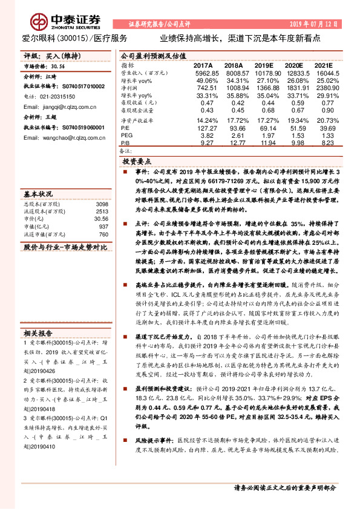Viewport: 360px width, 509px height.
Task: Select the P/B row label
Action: (x=125, y=143)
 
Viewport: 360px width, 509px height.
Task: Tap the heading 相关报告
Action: (x=39, y=332)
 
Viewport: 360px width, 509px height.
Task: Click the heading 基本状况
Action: (x=39, y=195)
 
